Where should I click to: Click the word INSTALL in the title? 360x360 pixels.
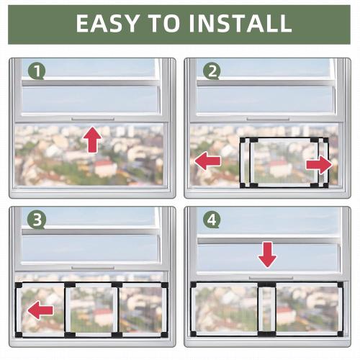(x=242, y=23)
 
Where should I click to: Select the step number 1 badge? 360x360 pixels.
(x=37, y=71)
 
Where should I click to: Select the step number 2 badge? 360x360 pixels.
(x=211, y=71)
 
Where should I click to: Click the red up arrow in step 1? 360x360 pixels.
(x=92, y=139)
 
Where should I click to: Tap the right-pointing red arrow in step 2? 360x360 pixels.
(x=318, y=165)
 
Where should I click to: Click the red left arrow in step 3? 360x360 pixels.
(x=40, y=310)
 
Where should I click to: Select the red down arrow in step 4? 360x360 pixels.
(x=267, y=253)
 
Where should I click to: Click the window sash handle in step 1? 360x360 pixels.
(x=92, y=118)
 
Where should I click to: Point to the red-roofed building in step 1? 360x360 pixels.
(x=105, y=168)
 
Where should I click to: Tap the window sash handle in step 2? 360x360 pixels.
(x=268, y=118)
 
